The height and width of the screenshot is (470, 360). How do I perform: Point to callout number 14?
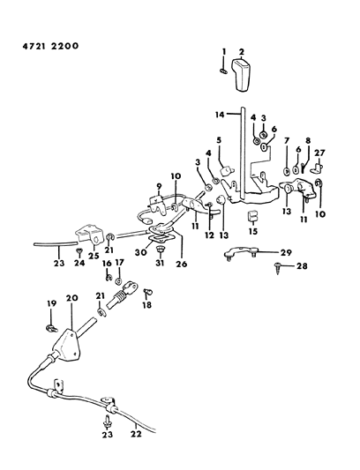(220, 115)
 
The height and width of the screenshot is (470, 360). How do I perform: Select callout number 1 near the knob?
(224, 51)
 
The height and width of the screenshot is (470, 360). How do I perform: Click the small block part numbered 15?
(252, 216)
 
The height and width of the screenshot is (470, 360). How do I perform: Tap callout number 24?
(79, 262)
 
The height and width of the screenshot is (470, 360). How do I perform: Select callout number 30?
(139, 251)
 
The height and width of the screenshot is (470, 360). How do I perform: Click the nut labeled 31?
(161, 250)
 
